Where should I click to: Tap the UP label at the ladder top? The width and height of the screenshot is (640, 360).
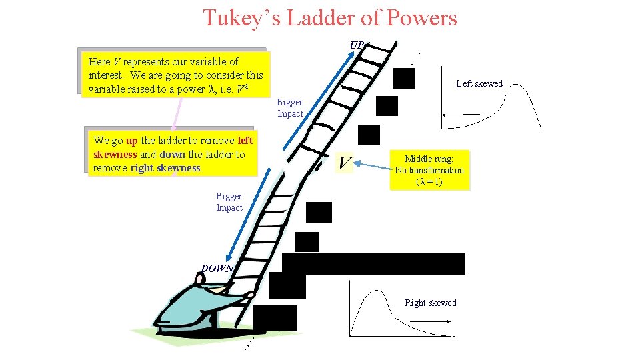pos(357,45)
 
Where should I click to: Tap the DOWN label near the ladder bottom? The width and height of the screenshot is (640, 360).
pos(217,269)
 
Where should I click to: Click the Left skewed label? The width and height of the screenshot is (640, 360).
pos(479,83)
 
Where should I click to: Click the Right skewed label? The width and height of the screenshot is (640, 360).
pos(431,303)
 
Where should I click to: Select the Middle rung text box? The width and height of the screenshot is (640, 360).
pos(429,170)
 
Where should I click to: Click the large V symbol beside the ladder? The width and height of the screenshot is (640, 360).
pos(344,163)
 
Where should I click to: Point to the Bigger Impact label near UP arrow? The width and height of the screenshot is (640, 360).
pos(290,108)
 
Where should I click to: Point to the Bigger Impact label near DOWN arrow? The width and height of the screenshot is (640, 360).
pos(229,202)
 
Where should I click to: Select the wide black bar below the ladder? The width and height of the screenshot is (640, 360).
pos(373,264)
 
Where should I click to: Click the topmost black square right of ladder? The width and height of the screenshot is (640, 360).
pos(404,79)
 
